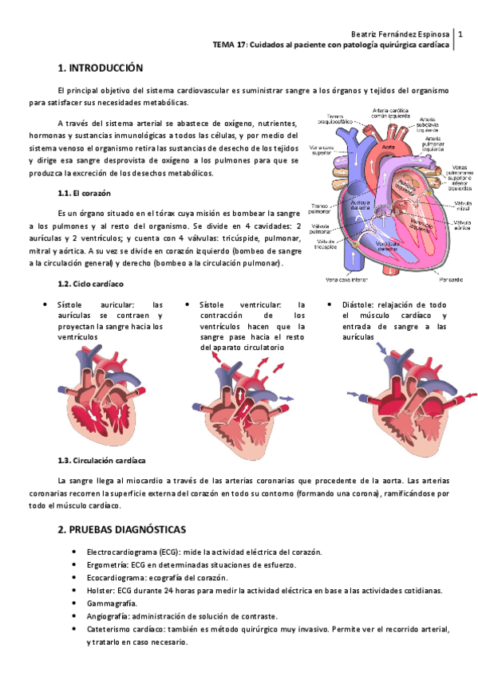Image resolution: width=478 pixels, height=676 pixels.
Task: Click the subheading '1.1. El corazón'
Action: click(84, 194)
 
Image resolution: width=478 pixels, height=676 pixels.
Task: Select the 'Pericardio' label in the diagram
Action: click(450, 279)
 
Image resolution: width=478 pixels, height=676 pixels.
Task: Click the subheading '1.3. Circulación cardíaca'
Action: click(101, 461)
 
